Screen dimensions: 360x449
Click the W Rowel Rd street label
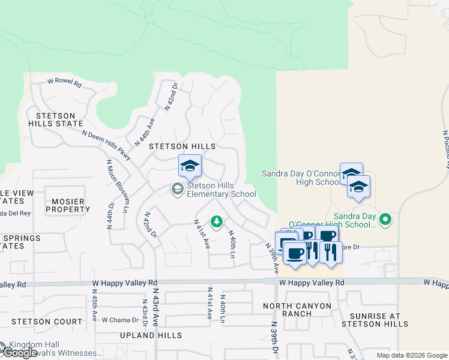point(64,83)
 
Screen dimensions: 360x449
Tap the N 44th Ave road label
point(145,133)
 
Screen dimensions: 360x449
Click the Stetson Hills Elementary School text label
point(221,190)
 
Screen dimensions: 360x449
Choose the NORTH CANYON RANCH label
point(297,310)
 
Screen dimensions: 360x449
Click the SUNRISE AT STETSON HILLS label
point(375,320)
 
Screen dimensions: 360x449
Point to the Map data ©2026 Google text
point(411,355)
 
